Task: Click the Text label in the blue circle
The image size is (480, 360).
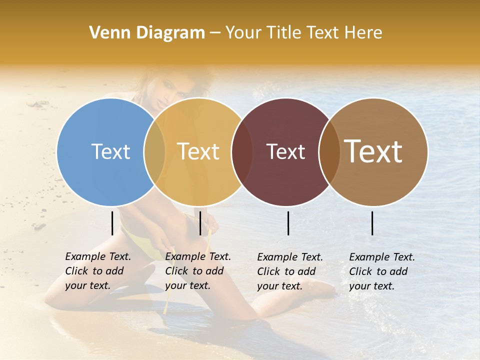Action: (x=110, y=151)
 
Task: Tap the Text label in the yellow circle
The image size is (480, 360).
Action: (x=198, y=151)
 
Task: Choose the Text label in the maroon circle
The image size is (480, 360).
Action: (x=285, y=151)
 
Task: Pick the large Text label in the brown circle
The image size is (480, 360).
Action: (x=373, y=151)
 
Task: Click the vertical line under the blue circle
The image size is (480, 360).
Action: (x=112, y=223)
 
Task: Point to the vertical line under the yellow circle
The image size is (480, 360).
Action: (x=200, y=223)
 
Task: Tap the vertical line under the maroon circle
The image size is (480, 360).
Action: (x=288, y=223)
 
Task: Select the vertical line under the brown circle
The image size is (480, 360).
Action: (x=372, y=223)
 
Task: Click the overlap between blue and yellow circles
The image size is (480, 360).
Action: (x=154, y=151)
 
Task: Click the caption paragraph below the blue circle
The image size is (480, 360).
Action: (x=97, y=271)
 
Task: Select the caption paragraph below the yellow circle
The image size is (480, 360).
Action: (x=197, y=271)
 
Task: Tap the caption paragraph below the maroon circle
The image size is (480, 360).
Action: (x=289, y=271)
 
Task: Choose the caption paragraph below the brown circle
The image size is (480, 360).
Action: (x=381, y=271)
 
